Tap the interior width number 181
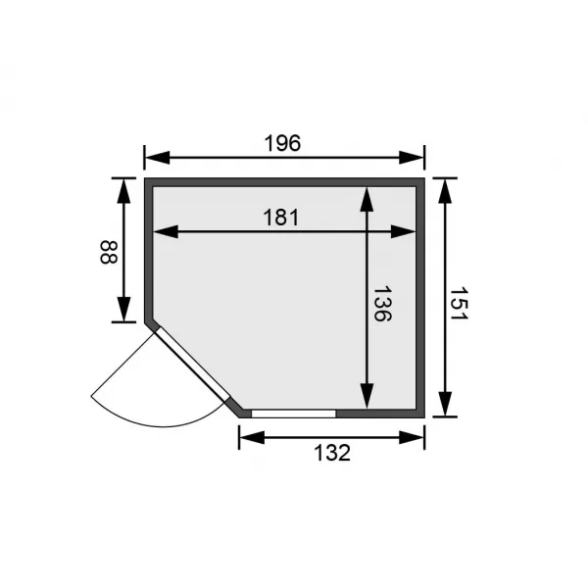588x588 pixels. [281, 217]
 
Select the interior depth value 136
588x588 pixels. [383, 305]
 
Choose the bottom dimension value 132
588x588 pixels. [331, 452]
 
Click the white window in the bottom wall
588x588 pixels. [293, 414]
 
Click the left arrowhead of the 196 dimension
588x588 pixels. [154, 157]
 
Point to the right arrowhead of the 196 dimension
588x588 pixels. [416, 157]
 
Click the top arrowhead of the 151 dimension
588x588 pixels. [445, 188]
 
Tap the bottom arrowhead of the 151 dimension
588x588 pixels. [445, 406]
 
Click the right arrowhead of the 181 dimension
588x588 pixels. [407, 232]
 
